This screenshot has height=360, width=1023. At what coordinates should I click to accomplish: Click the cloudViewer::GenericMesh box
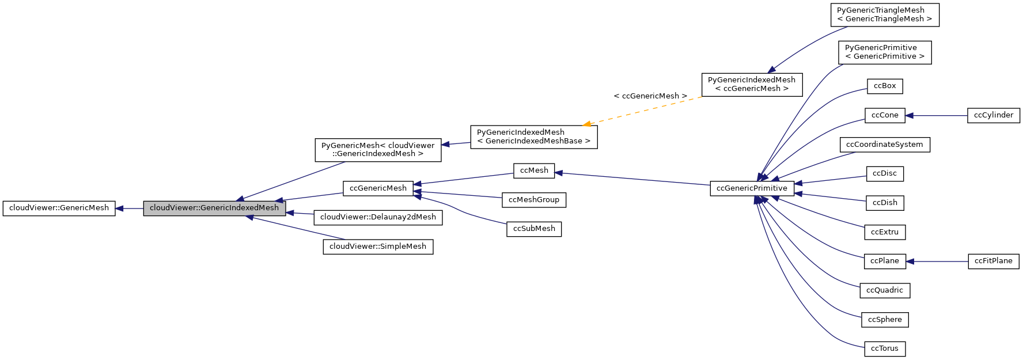click(59, 208)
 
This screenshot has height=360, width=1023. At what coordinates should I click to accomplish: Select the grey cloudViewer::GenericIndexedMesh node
click(214, 208)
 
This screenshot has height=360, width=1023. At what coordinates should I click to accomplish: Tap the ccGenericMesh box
click(378, 188)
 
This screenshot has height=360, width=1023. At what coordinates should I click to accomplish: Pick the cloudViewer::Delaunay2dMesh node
click(378, 217)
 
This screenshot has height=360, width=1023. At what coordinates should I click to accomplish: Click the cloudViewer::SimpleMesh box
click(378, 247)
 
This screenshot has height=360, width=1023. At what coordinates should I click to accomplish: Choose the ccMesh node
click(534, 170)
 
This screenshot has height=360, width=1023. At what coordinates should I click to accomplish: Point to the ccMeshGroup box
click(534, 200)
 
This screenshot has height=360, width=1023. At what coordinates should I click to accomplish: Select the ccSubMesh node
click(534, 229)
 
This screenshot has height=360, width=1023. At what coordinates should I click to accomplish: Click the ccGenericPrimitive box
click(752, 188)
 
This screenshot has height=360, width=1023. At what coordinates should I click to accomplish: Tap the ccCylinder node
click(993, 115)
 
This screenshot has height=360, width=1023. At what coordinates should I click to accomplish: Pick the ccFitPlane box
click(993, 261)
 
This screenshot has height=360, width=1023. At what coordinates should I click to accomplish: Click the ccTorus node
click(885, 348)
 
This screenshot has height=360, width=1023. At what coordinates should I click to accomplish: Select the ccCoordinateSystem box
click(885, 145)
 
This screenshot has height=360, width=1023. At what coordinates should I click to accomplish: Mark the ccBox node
click(885, 86)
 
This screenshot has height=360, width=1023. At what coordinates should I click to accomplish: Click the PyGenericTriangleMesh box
click(885, 14)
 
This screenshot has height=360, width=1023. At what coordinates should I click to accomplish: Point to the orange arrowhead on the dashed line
click(587, 124)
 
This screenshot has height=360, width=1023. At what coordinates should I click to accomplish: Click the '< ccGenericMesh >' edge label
click(650, 96)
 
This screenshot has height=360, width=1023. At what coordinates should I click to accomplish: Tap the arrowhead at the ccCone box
click(909, 115)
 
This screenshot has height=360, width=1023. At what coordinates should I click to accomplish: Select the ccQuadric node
click(885, 290)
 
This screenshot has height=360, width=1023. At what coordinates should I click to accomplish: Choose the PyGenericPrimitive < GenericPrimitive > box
click(885, 52)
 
